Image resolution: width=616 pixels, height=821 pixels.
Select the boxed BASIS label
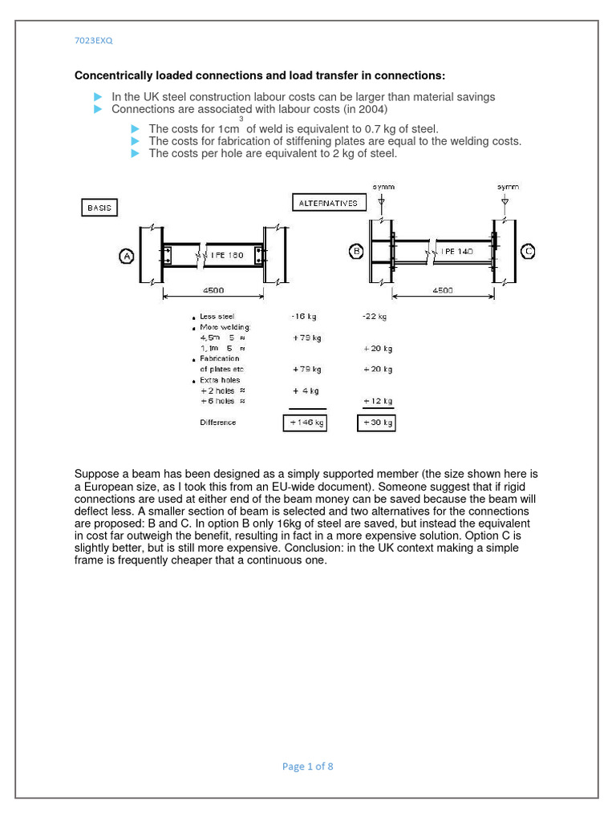[99, 208]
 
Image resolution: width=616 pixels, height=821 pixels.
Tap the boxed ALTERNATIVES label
[328, 203]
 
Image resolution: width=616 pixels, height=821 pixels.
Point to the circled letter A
[127, 256]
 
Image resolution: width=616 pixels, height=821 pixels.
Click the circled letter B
[356, 251]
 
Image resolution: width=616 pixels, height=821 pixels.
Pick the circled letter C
[528, 251]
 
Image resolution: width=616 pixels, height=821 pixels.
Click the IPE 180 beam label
[227, 255]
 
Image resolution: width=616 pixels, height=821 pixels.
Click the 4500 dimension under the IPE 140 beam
[443, 290]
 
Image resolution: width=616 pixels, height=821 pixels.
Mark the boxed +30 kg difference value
[376, 423]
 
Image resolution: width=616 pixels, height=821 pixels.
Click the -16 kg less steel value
[304, 317]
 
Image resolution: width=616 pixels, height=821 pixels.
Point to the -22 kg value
[375, 317]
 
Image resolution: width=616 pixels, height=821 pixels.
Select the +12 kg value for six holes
[378, 401]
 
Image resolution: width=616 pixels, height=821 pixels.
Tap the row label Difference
[218, 423]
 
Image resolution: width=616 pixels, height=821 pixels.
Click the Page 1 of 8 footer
[307, 766]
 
